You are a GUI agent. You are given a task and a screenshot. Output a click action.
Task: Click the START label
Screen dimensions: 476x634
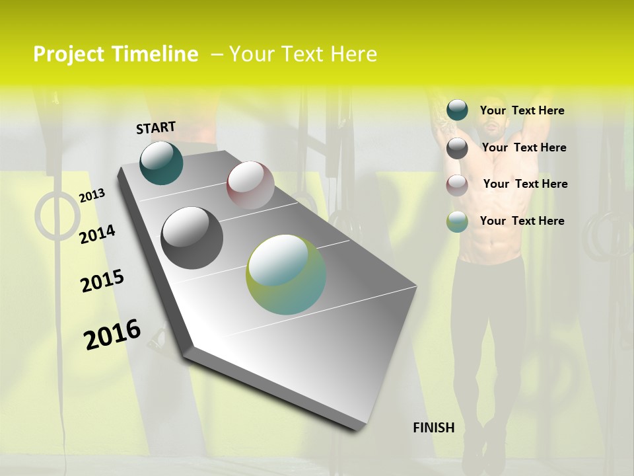pyautogui.click(x=156, y=128)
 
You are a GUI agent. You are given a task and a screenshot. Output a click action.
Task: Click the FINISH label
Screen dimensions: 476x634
pyautogui.click(x=434, y=428)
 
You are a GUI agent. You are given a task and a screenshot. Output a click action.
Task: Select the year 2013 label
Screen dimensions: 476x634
pyautogui.click(x=92, y=196)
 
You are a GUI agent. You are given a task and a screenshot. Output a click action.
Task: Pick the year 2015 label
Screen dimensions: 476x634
pyautogui.click(x=102, y=281)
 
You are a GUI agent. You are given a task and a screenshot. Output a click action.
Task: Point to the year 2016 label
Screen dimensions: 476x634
pyautogui.click(x=112, y=335)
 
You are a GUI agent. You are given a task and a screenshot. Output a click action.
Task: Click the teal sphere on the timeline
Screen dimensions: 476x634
pyautogui.click(x=161, y=163)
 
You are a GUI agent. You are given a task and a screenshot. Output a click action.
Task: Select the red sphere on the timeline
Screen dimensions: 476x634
pyautogui.click(x=250, y=185)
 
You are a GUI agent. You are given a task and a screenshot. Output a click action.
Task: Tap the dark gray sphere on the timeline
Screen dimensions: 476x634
pyautogui.click(x=192, y=237)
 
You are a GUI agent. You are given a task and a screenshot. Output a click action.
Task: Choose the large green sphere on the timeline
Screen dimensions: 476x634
pyautogui.click(x=286, y=274)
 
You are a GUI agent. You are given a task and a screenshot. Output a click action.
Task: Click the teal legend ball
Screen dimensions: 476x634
pyautogui.click(x=457, y=110)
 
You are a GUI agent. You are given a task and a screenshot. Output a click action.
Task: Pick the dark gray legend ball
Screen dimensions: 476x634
pyautogui.click(x=457, y=148)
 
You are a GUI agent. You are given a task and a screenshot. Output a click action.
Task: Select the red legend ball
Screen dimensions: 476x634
pyautogui.click(x=457, y=185)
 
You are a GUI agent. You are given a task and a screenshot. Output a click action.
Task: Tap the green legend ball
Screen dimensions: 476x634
pyautogui.click(x=457, y=221)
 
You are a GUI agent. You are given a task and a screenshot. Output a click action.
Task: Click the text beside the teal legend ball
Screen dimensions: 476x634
pyautogui.click(x=522, y=111)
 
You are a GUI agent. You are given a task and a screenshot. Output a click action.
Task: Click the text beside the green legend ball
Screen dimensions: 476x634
pyautogui.click(x=522, y=221)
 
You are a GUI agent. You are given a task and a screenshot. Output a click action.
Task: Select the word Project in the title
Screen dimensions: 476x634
pyautogui.click(x=69, y=54)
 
